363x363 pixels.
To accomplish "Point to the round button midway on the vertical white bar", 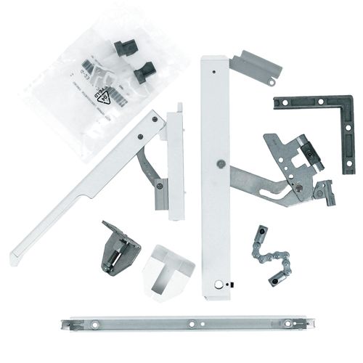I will pos(219,163).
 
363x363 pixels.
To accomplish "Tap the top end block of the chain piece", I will pos(258,234).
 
